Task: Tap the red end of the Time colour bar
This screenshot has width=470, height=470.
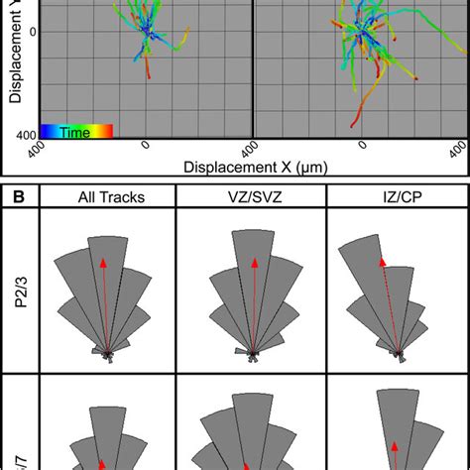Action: coord(107,130)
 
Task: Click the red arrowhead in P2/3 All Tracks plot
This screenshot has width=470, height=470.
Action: coord(104,263)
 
